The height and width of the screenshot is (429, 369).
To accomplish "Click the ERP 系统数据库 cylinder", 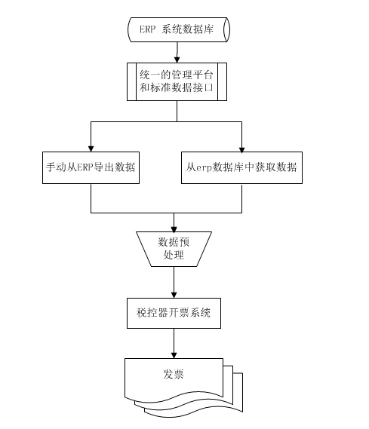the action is pos(179,29).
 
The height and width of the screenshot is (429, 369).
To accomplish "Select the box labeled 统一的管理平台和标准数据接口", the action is pos(177,82).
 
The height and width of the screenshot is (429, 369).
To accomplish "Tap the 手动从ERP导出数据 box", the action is pos(91,167).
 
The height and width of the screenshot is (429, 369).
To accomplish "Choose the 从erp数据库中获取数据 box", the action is pos(241,167).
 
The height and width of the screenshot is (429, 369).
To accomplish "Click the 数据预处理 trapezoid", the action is pos(174,250).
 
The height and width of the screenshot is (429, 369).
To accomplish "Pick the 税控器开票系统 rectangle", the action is pos(174,313).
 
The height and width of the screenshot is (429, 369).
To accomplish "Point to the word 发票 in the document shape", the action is pos(174,374).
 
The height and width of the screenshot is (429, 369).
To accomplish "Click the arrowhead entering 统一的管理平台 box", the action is pos(177,60).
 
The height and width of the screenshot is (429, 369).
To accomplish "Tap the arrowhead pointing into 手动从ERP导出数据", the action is pos(91,149).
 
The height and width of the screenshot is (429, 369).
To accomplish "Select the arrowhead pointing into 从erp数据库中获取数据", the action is pos(241,149).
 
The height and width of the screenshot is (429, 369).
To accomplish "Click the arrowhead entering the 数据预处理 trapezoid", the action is pos(174,229).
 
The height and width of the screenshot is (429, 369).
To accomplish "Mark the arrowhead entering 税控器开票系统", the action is pos(174,295).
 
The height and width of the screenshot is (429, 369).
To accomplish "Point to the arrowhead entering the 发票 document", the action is pos(174,355).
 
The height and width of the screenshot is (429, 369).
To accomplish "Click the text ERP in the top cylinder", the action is pos(148,29).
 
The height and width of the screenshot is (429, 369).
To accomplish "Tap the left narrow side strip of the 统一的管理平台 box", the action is pos(131,82).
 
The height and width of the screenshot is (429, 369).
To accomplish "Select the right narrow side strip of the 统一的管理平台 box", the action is pos(223,82).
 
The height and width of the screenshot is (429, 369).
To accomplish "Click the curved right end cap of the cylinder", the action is pos(227,29).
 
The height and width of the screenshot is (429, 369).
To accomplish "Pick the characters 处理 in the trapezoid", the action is pos(174,256).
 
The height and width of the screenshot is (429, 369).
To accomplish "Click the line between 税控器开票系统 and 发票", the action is pos(174,340).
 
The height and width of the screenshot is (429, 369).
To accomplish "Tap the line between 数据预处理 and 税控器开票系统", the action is pos(174,280).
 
